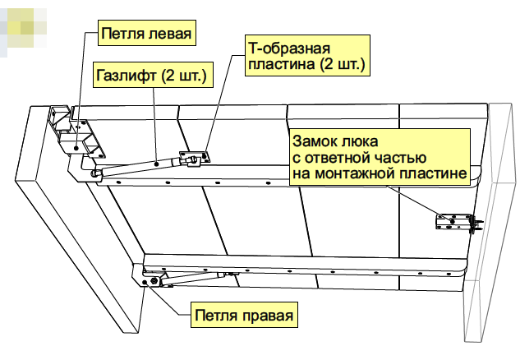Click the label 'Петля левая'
[x=146, y=33]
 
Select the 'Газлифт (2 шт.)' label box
[x=153, y=75]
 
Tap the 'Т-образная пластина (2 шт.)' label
[x=307, y=56]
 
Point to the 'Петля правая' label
[x=244, y=315]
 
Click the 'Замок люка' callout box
[x=380, y=157]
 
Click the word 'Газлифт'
[x=126, y=76]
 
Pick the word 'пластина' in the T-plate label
[x=282, y=63]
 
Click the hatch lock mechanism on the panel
[x=458, y=222]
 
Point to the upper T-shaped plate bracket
[x=195, y=157]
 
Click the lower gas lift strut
[x=192, y=278]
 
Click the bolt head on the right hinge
[x=154, y=281]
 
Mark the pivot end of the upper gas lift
[x=95, y=174]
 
